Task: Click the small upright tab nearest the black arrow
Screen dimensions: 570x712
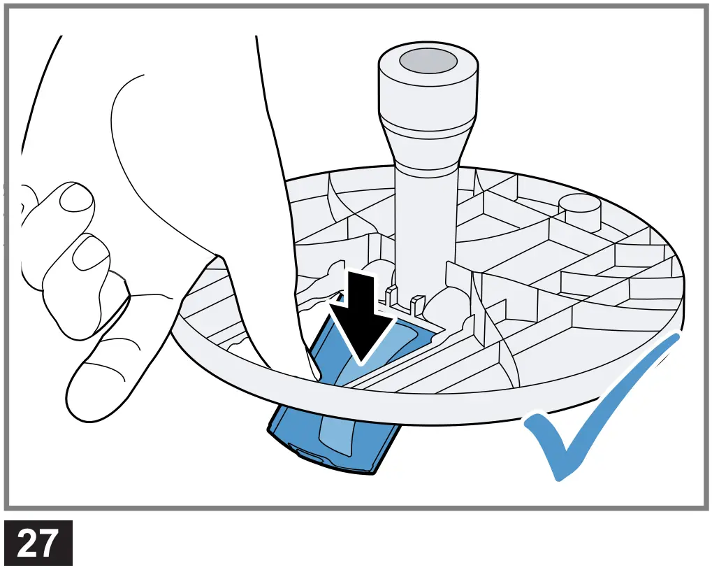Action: point(392,294)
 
